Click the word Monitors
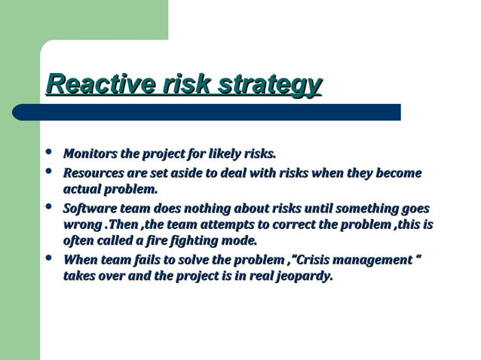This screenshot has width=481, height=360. point(90,154)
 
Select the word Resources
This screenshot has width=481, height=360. point(94,173)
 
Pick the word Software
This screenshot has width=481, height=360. point(90,208)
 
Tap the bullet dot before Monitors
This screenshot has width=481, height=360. point(49,154)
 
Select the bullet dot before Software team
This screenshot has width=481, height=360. point(49,207)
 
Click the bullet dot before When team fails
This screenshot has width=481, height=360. point(49,259)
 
